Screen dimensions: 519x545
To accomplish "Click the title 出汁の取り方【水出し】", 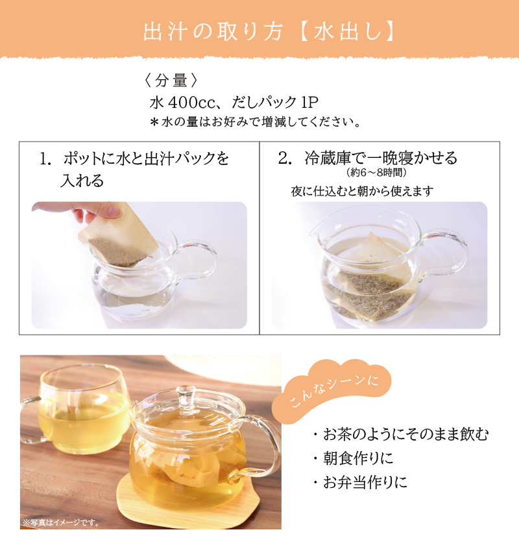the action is pos(270,32).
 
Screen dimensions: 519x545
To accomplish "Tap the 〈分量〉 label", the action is pos(171,81).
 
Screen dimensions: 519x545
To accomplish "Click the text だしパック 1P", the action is pos(274,102).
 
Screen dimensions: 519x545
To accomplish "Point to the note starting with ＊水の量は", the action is pos(255,122).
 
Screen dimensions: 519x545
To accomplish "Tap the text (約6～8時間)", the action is pos(376,172).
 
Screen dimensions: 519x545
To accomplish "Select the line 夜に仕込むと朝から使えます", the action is pos(362,191).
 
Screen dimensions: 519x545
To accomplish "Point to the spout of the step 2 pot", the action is pos(316,231).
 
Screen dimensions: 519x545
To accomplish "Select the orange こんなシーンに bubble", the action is pos(332,391).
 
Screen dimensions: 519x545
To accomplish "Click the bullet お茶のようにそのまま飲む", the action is pos(402,435).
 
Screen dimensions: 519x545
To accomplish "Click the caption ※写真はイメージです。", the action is pos(61,522).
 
